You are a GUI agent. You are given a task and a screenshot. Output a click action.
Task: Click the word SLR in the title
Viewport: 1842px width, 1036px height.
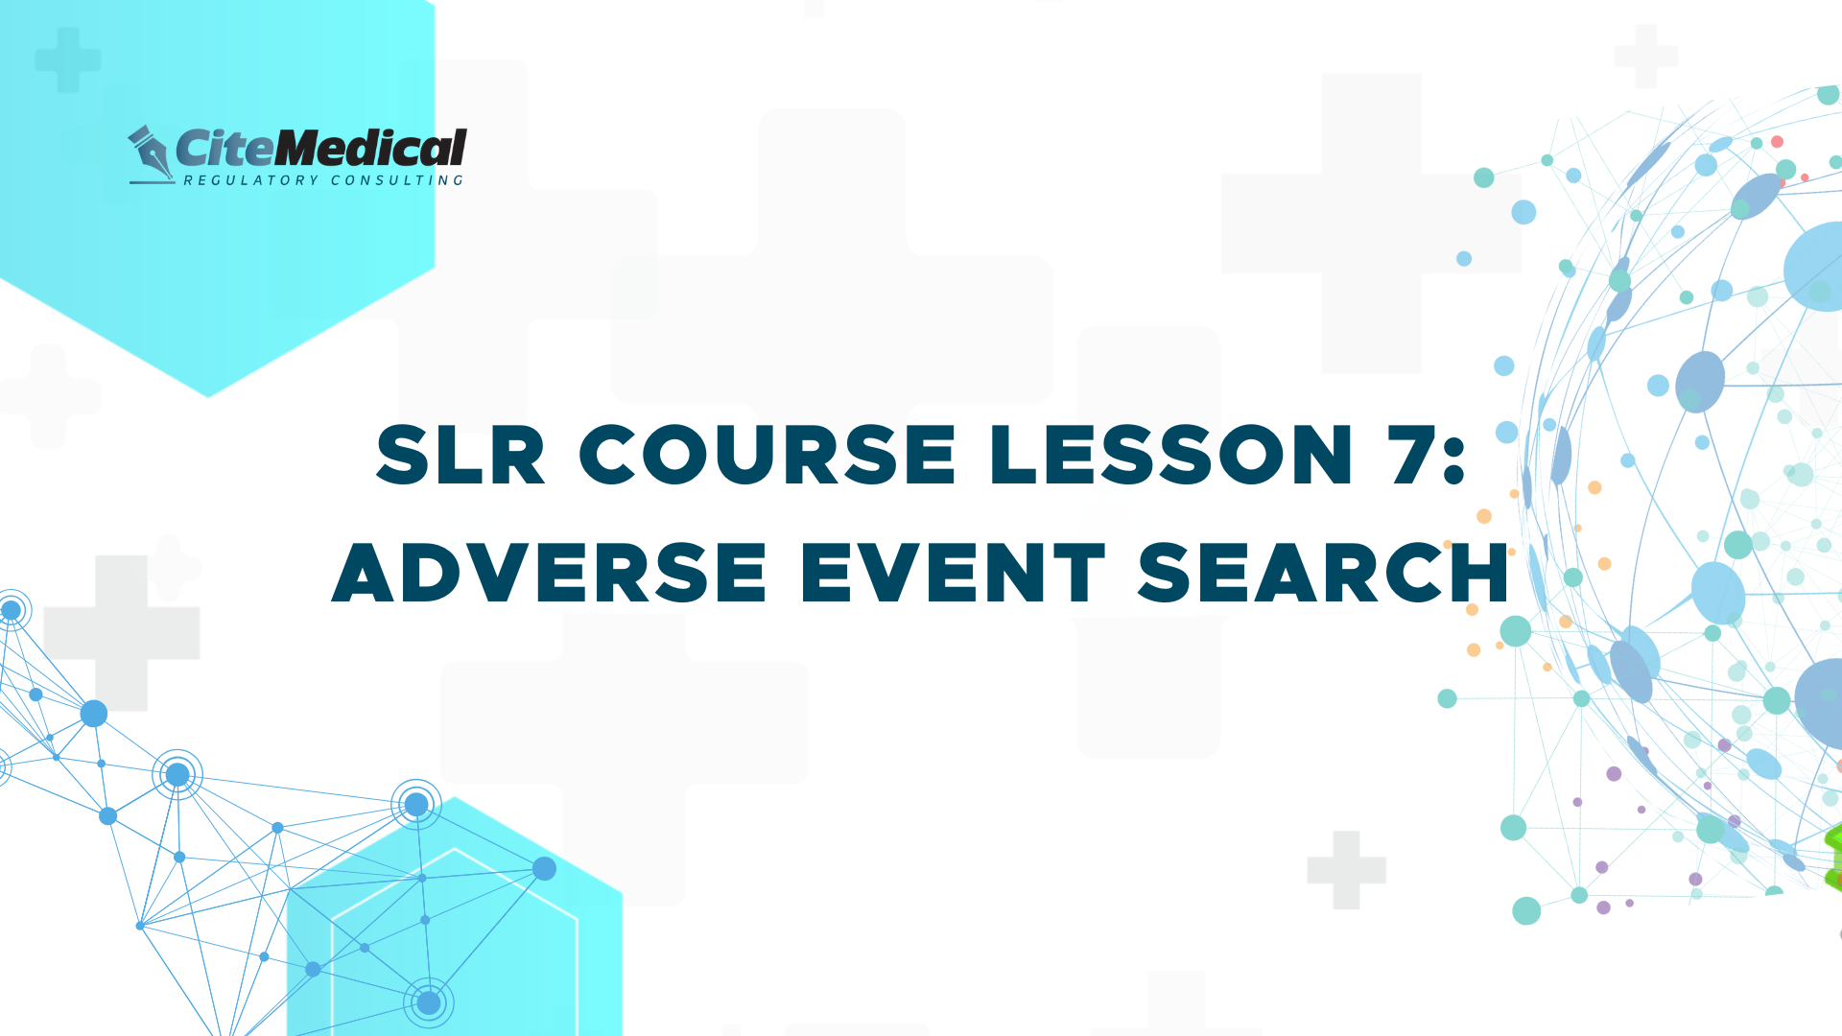coord(460,454)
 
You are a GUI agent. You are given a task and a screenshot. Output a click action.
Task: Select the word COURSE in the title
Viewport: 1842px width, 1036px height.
coord(767,454)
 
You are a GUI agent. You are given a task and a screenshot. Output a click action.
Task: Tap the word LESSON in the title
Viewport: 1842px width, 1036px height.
coord(1171,454)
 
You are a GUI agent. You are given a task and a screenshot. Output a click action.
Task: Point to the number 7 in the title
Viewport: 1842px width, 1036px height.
coord(1411,454)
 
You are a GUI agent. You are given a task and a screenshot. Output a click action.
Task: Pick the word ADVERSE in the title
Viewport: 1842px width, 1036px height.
coord(550,572)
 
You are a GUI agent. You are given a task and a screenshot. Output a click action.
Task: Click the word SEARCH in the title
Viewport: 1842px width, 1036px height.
coord(1324,572)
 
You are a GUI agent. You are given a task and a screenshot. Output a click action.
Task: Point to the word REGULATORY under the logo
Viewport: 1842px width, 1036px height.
coord(250,180)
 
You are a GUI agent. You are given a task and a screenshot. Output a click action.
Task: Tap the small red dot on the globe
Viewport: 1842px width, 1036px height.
coord(1777,142)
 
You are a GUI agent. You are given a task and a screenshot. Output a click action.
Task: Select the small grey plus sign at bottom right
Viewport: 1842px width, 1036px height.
coord(1346,870)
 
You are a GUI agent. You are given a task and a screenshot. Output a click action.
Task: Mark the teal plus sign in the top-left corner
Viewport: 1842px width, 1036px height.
coord(68,59)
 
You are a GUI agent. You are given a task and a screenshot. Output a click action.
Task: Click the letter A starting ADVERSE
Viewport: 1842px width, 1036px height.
coord(366,573)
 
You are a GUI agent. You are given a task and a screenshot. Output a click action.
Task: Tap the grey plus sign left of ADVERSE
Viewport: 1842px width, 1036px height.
coord(122,633)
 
